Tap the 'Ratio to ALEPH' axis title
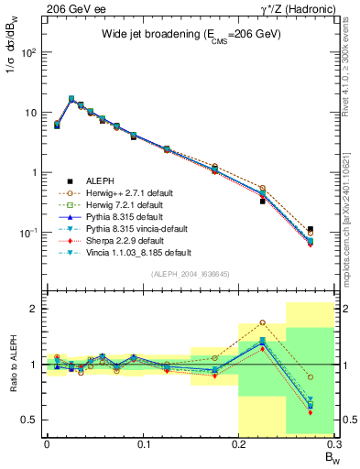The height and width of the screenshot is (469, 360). [12, 365]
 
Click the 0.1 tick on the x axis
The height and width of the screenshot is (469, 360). [142, 446]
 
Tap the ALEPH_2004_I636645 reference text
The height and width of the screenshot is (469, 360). [191, 274]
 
